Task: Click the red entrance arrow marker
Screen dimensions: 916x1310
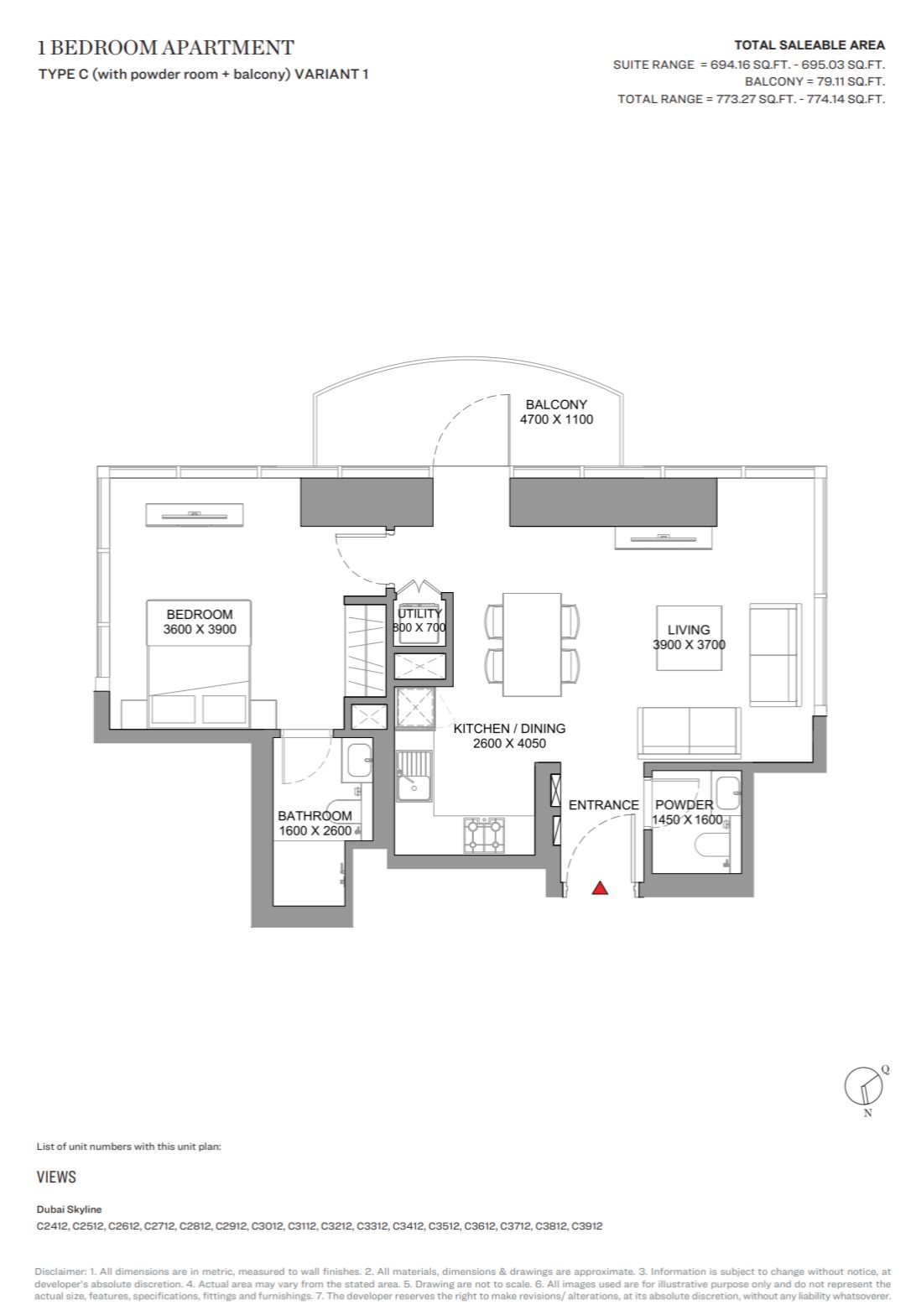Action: pyautogui.click(x=600, y=888)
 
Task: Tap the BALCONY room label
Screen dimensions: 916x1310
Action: pyautogui.click(x=555, y=404)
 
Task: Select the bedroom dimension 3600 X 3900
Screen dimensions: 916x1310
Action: pyautogui.click(x=200, y=629)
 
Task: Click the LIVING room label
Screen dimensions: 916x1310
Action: pyautogui.click(x=689, y=630)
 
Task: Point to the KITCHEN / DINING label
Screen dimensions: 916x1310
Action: pyautogui.click(x=509, y=728)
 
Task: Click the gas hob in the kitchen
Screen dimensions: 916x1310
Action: pyautogui.click(x=484, y=834)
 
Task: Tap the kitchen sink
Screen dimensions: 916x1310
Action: pyautogui.click(x=414, y=776)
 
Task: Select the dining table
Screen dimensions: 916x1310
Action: pyautogui.click(x=532, y=644)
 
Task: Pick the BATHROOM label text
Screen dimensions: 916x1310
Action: pyautogui.click(x=315, y=815)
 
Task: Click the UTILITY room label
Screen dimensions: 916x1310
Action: pyautogui.click(x=419, y=613)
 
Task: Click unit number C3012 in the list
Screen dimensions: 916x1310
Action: pyautogui.click(x=268, y=1226)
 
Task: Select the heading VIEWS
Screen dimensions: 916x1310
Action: pyautogui.click(x=56, y=1177)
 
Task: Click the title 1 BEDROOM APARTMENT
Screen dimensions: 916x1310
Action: pyautogui.click(x=165, y=47)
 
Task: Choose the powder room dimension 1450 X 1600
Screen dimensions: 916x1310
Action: pyautogui.click(x=687, y=820)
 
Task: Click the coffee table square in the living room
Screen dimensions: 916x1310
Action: pyautogui.click(x=689, y=637)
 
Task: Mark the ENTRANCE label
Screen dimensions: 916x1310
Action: pyautogui.click(x=604, y=805)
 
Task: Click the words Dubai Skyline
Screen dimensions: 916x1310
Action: pyautogui.click(x=69, y=1209)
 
